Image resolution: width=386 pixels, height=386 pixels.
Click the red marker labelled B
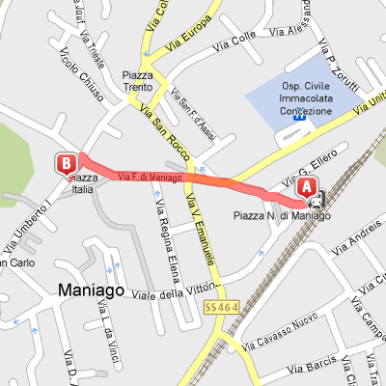[x=67, y=162]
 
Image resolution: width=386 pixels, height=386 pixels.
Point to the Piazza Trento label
[x=138, y=81]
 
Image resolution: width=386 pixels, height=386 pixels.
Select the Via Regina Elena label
[x=157, y=231]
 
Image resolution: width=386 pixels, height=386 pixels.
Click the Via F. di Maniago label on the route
[x=152, y=177]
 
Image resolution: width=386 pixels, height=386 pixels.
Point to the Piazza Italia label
[x=79, y=182]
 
